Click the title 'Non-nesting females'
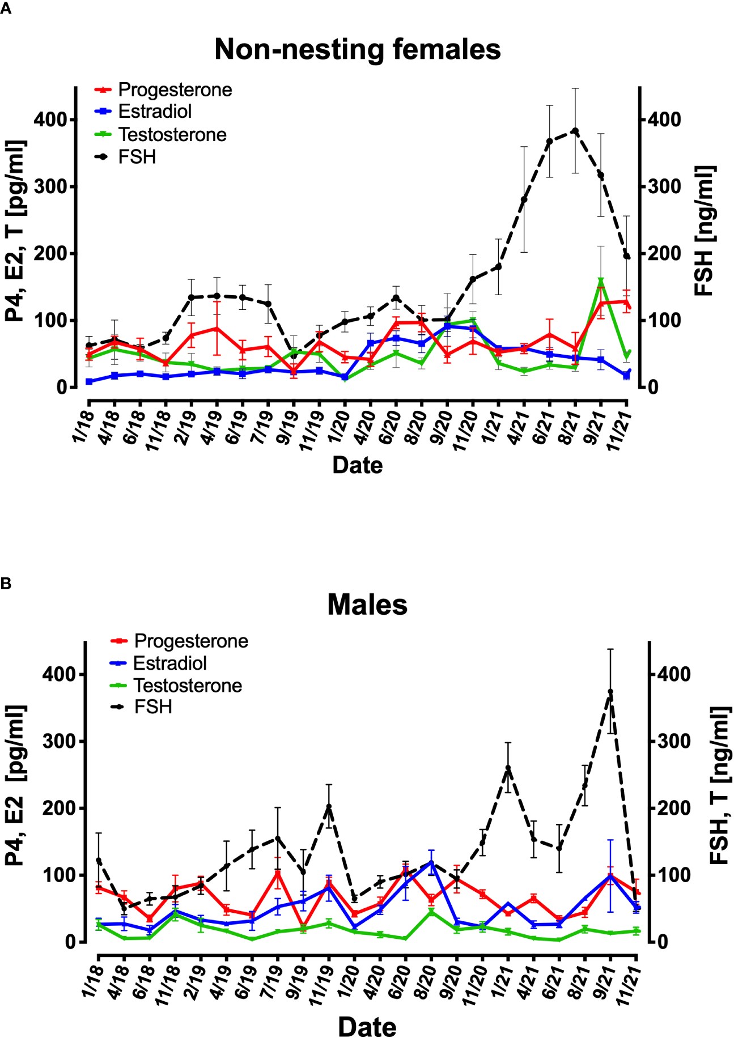(x=357, y=49)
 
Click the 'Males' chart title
(x=367, y=605)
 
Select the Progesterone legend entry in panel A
(x=175, y=90)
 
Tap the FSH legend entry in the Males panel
(x=153, y=707)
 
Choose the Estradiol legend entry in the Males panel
(x=169, y=663)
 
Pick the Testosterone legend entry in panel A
(x=172, y=135)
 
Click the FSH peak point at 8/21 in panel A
(x=575, y=131)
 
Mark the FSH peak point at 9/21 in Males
(x=610, y=692)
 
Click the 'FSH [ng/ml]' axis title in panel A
(x=705, y=231)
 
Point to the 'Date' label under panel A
(x=357, y=465)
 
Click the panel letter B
(x=6, y=583)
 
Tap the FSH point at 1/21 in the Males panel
(x=508, y=768)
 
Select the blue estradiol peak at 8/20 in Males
(x=431, y=863)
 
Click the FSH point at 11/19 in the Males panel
(x=329, y=807)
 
